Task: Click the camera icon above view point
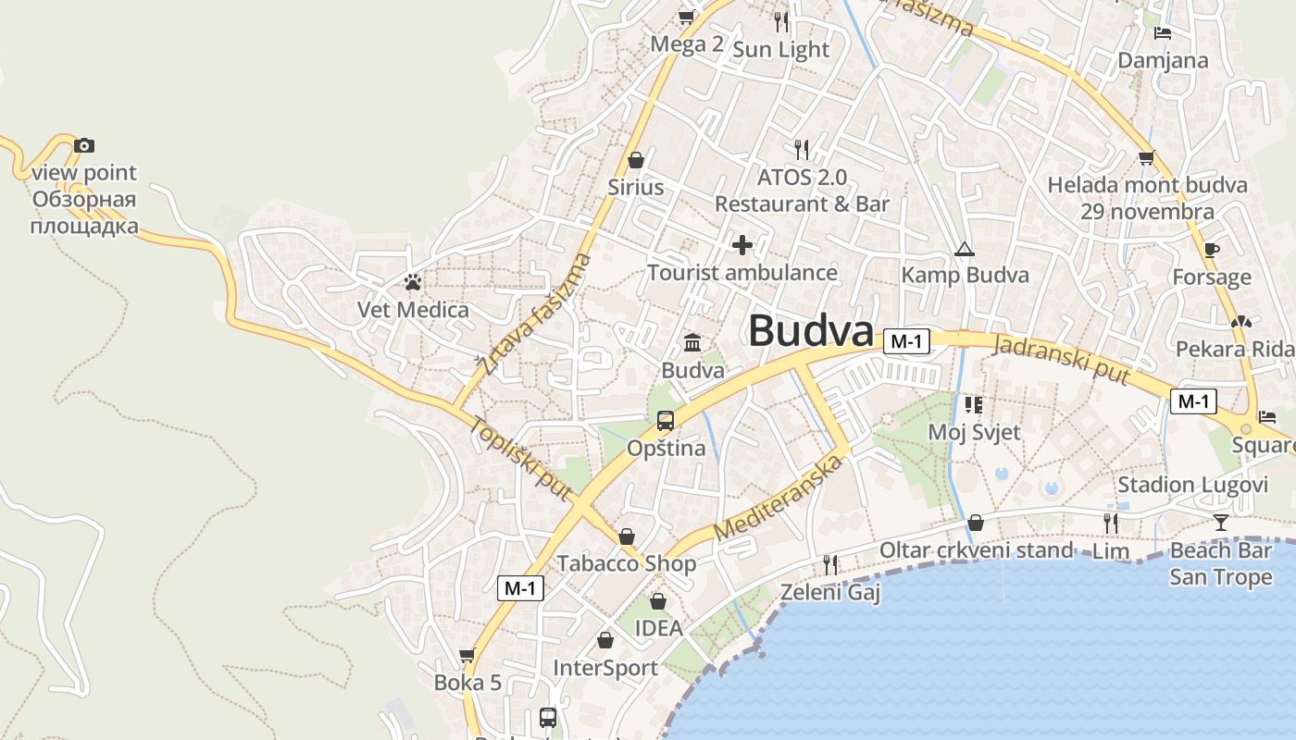tap(84, 145)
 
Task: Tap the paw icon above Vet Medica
tap(413, 282)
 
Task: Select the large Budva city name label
tap(810, 331)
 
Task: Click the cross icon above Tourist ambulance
tap(741, 245)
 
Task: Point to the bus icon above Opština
tap(665, 421)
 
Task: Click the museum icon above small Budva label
tap(692, 343)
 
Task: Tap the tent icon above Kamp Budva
tap(965, 249)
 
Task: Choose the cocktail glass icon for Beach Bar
tap(1221, 523)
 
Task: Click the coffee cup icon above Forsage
tap(1211, 250)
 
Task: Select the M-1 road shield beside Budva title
tap(905, 341)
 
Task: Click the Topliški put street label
tap(520, 459)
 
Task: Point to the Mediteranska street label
tap(780, 499)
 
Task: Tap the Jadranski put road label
tap(1061, 360)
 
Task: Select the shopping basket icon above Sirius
tap(635, 160)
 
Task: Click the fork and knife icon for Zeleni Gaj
tap(830, 564)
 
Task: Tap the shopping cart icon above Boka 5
tap(467, 656)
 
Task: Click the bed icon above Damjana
tap(1163, 33)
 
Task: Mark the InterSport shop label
tap(605, 668)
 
